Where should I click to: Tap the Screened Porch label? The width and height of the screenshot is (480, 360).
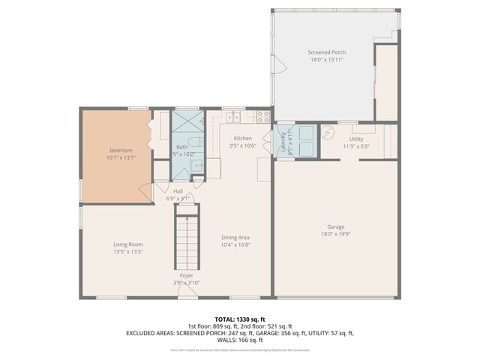click(x=325, y=52)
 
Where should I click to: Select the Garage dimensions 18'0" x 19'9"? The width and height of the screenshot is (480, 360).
click(x=335, y=234)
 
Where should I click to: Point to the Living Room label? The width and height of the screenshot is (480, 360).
click(x=127, y=244)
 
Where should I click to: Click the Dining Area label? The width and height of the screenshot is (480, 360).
click(x=235, y=238)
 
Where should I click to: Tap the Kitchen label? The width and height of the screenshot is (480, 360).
click(x=243, y=139)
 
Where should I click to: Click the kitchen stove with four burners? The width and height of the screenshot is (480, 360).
click(x=263, y=116)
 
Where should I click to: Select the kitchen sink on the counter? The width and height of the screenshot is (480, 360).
click(x=232, y=116)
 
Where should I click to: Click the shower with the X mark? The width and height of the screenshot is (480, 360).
click(x=187, y=121)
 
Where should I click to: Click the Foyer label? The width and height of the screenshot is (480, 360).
click(x=186, y=276)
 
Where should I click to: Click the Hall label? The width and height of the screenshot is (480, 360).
click(x=178, y=191)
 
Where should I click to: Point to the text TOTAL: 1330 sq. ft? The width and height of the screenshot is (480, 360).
click(x=240, y=319)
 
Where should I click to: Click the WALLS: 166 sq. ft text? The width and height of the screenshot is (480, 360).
click(x=240, y=340)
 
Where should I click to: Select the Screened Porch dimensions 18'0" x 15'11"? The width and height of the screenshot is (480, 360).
click(x=325, y=60)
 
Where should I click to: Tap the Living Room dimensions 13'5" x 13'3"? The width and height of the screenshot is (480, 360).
click(x=127, y=252)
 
